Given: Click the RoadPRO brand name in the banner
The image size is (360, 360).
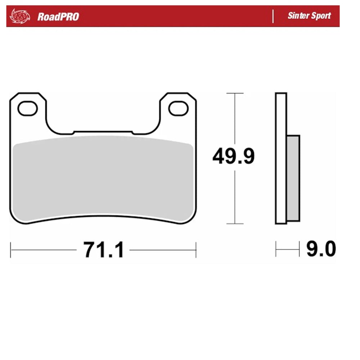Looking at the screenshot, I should pos(58,17).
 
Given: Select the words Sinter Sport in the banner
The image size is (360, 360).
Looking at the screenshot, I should pos(309,16).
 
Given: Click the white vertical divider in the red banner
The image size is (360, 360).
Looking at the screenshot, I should pos(273,16).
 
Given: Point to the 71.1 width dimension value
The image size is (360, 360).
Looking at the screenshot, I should pos(103,249).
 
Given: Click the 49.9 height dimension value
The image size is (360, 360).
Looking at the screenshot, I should pos(233,157).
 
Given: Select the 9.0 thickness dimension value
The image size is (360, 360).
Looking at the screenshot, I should pos(321,249).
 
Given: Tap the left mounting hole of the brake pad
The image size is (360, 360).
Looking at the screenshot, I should pos(27,109).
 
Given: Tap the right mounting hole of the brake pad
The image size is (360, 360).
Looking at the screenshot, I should pos(179,109).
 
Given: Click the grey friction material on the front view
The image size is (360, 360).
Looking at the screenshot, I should pos(103,178).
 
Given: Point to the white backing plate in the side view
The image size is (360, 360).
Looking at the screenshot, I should pos(281,158).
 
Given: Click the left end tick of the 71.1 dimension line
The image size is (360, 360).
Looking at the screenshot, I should pos(11,249).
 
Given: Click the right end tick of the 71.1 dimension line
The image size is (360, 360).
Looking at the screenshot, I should pos(195,249).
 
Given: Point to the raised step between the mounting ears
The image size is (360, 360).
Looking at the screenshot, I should pos(103,132).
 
